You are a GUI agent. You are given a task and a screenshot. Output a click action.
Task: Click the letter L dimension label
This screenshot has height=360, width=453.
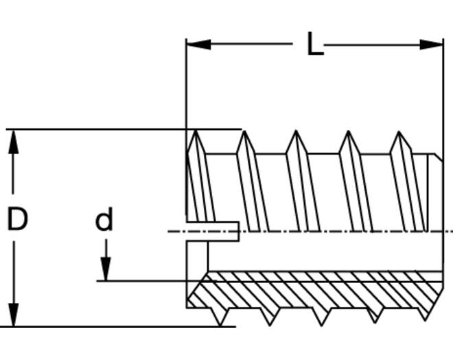click(x=315, y=44)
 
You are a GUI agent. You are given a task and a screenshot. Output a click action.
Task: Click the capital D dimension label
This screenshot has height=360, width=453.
click(x=17, y=218)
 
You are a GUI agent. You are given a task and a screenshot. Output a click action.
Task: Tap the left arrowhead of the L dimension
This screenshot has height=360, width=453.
click(x=199, y=45)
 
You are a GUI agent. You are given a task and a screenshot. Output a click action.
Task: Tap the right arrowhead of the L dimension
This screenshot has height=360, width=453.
click(x=431, y=45)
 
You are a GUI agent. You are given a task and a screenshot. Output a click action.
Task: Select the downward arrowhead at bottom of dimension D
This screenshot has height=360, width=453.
click(x=13, y=315)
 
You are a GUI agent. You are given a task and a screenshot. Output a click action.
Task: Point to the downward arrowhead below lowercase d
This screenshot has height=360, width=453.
click(x=106, y=269)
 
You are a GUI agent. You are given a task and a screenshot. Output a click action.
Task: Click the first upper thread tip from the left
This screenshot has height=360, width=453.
click(x=196, y=131)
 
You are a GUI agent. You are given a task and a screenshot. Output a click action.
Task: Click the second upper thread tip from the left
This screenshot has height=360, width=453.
click(x=245, y=131)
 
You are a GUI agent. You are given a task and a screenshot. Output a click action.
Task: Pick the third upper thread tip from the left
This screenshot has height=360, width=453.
click(x=296, y=131)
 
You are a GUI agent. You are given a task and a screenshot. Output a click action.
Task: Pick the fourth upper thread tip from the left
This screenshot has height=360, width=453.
click(x=349, y=131)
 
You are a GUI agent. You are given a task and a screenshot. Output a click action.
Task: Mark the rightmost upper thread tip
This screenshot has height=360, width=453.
click(x=399, y=132)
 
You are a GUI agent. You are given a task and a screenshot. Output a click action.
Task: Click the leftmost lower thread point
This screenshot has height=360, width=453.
click(x=220, y=326)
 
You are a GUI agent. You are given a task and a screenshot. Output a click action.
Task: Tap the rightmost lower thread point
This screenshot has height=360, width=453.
click(x=426, y=320)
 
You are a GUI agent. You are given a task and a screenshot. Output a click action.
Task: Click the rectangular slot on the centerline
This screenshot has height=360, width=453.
click(x=213, y=232)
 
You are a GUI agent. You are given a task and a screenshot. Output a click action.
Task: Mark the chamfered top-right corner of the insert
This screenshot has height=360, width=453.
click(x=439, y=157)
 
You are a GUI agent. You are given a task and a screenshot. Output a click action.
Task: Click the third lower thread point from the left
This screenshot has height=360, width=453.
click(x=321, y=325)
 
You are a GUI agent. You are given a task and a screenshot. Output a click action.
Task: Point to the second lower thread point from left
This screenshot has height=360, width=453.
click(x=270, y=325)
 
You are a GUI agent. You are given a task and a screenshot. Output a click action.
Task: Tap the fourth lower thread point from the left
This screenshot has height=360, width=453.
click(x=375, y=322)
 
